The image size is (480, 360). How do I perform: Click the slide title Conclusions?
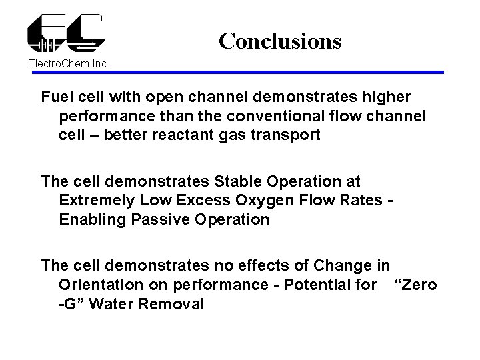(x=280, y=41)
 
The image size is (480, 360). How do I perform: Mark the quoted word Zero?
(x=417, y=285)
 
